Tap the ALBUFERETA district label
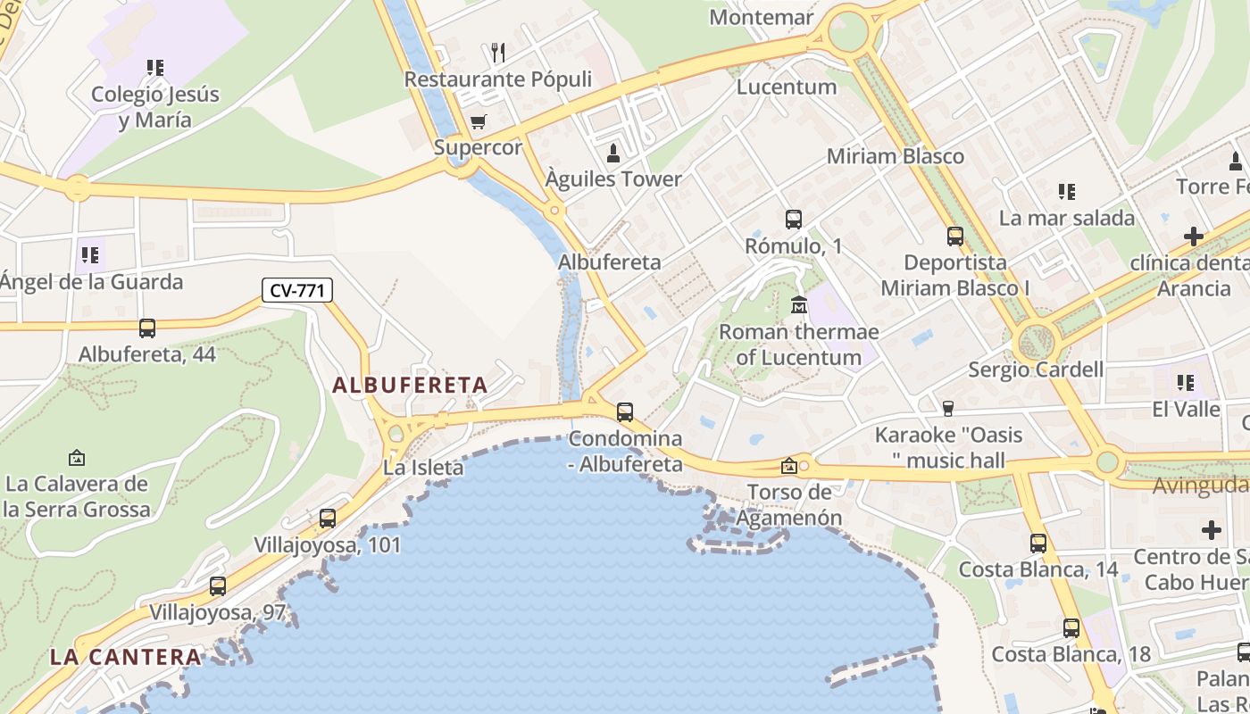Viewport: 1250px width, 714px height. tap(410, 386)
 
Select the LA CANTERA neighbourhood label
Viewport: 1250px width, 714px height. tap(126, 657)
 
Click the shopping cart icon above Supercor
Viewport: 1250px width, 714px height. tap(479, 121)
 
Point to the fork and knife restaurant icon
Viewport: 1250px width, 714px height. tap(498, 53)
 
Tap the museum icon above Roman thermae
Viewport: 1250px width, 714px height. tap(799, 305)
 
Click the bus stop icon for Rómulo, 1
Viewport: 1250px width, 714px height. tap(793, 219)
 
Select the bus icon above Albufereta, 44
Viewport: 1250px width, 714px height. tap(147, 328)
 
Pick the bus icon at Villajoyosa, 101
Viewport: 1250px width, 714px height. tap(328, 518)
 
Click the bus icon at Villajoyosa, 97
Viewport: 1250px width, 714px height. tap(218, 586)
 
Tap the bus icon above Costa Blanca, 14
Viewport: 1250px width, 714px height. tap(1038, 543)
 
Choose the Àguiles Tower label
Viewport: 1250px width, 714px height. tap(613, 179)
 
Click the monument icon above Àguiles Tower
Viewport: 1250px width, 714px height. tap(613, 153)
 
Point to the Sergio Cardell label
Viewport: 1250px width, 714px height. tap(1036, 369)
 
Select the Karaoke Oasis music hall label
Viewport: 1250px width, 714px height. tap(948, 448)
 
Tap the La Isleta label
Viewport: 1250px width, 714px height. tap(423, 467)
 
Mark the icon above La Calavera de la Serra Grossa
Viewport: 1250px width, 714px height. tap(77, 458)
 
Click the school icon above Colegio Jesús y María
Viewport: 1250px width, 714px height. tap(155, 67)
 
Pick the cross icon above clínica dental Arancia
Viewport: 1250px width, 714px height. tap(1193, 237)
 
